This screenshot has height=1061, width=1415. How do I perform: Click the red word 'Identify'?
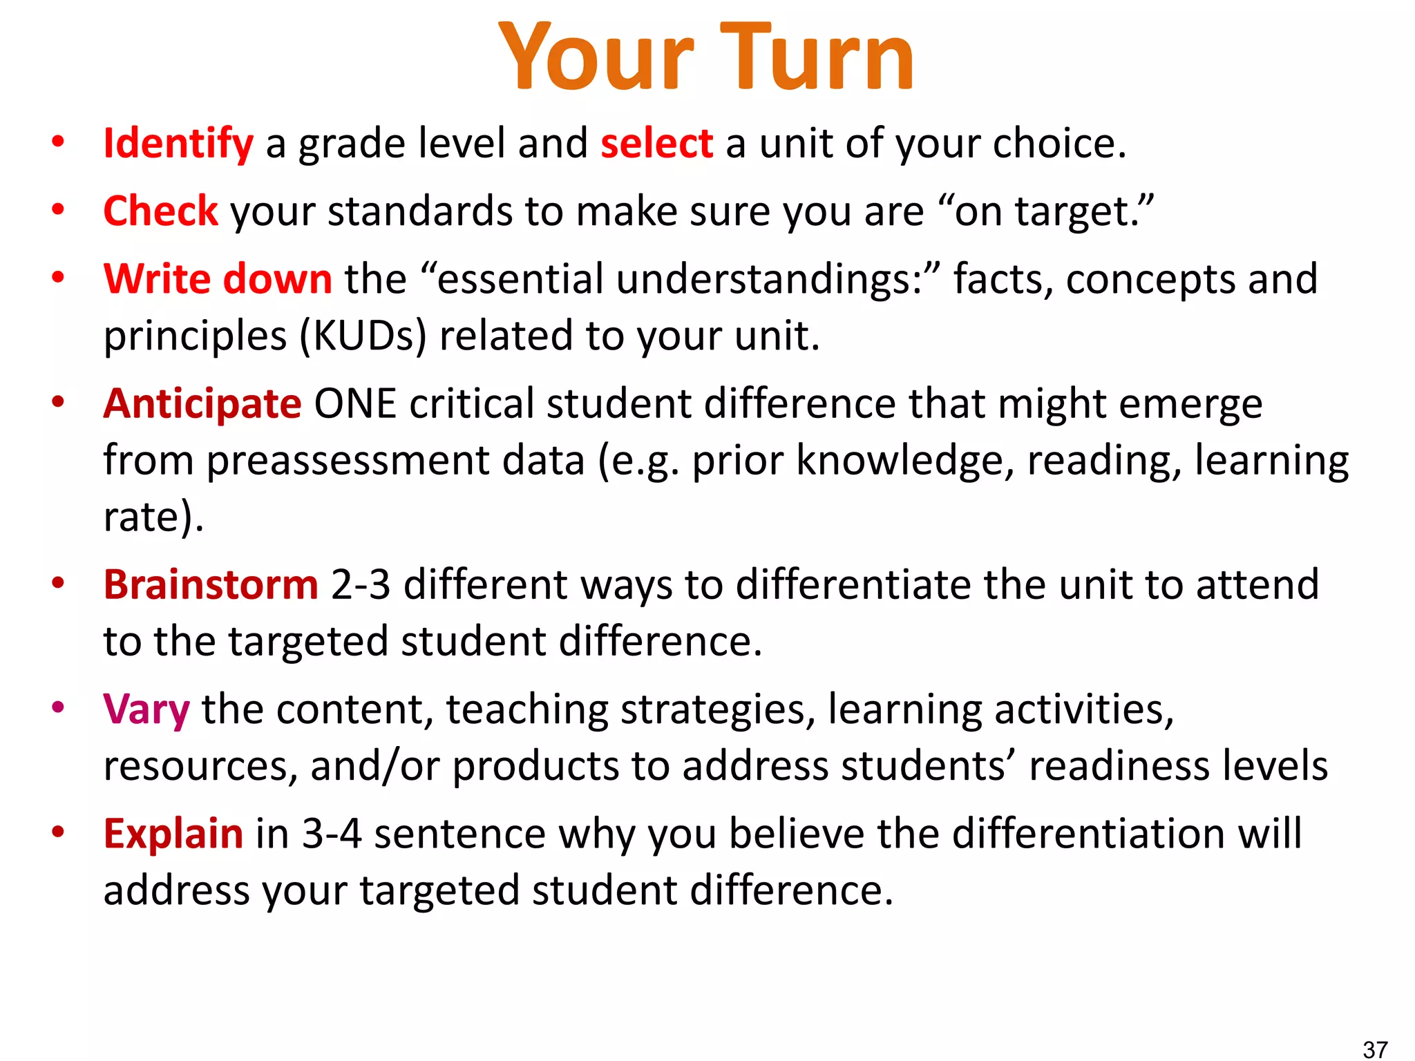[x=178, y=144]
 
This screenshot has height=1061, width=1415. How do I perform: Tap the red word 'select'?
[x=656, y=144]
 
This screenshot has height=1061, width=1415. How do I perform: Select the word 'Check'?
[x=160, y=211]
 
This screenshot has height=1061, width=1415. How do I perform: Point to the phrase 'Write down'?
[x=218, y=279]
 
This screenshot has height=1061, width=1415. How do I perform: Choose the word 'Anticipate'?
[x=202, y=403]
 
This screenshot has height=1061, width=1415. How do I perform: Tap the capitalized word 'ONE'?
[x=355, y=403]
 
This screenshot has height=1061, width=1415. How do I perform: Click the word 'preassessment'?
[x=395, y=460]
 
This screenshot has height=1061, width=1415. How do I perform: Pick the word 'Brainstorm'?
[x=211, y=584]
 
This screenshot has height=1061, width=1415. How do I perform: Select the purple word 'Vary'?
[x=146, y=709]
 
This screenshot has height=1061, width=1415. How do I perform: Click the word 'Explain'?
[x=173, y=834]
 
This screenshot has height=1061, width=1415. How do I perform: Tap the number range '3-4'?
[x=332, y=834]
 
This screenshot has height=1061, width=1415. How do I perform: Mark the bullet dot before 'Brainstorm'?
[x=58, y=583]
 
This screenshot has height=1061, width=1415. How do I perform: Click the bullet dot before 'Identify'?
[x=58, y=142]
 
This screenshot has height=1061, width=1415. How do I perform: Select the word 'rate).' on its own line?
[x=153, y=517]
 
